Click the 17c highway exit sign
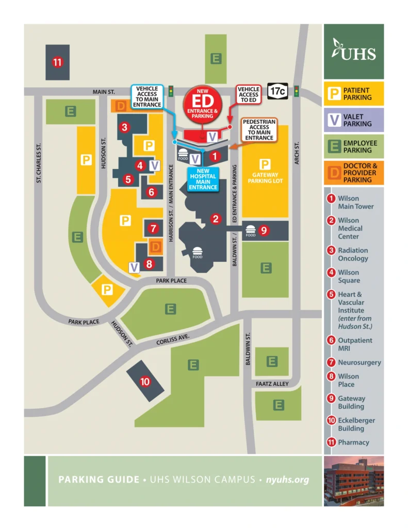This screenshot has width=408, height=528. click(x=278, y=91)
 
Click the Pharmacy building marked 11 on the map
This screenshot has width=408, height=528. click(x=57, y=62)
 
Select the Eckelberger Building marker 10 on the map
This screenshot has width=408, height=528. click(x=145, y=382)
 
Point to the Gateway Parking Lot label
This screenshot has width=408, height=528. click(x=265, y=177)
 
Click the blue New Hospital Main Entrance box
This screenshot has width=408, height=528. click(x=203, y=179)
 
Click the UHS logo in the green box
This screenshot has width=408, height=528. click(x=354, y=51)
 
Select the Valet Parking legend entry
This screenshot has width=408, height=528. click(x=354, y=120)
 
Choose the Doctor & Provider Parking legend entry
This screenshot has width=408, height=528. click(x=354, y=173)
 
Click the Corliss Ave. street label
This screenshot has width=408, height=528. click(x=173, y=340)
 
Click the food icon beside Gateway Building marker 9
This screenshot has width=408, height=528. click(x=251, y=230)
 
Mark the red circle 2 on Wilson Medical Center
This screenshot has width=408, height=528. click(x=216, y=219)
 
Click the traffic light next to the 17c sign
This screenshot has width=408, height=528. click(x=297, y=91)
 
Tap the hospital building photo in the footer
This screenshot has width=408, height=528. click(x=354, y=481)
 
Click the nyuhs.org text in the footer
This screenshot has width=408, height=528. click(x=287, y=480)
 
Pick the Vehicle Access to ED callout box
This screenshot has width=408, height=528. click(x=248, y=95)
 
